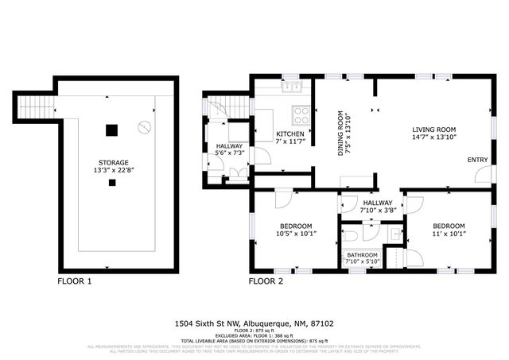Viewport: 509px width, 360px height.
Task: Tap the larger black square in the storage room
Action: coord(112,130)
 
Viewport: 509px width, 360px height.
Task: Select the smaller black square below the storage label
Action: coord(112,182)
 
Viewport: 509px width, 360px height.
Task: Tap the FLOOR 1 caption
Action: coord(75,281)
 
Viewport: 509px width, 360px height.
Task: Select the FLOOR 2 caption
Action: coord(266,281)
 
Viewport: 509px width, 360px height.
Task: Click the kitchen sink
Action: coord(292,87)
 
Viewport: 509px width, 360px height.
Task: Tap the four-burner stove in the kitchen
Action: coord(301,112)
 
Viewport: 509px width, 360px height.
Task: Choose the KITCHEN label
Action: coord(289,134)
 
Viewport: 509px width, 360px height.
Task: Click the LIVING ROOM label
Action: coord(433,130)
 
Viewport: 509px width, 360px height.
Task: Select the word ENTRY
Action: coord(477,160)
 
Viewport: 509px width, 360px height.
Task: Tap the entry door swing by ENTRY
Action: coord(482,175)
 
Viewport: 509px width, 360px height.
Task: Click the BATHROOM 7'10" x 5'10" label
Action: coord(361,258)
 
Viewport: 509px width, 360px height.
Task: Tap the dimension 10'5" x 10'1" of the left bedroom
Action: coord(295,234)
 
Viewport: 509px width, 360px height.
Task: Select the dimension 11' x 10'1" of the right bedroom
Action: coord(449,234)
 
